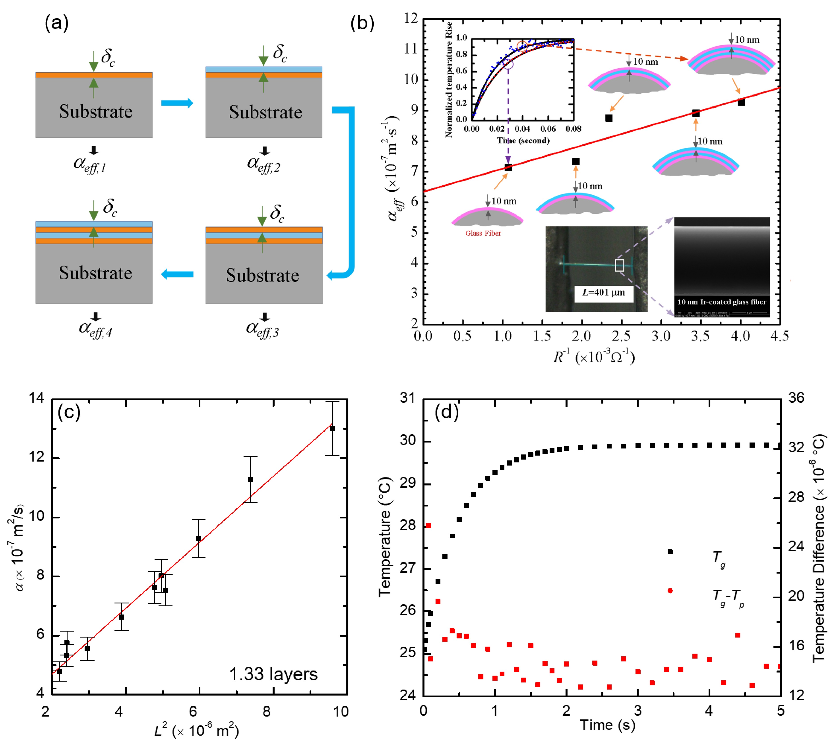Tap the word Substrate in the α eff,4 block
(96, 273)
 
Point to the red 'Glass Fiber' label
(483, 233)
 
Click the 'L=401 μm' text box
(603, 293)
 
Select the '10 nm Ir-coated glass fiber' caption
(721, 302)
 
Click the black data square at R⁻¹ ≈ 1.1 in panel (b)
(508, 167)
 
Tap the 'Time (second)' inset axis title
(523, 141)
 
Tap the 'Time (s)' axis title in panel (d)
(607, 725)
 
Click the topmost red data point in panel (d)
(428, 526)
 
